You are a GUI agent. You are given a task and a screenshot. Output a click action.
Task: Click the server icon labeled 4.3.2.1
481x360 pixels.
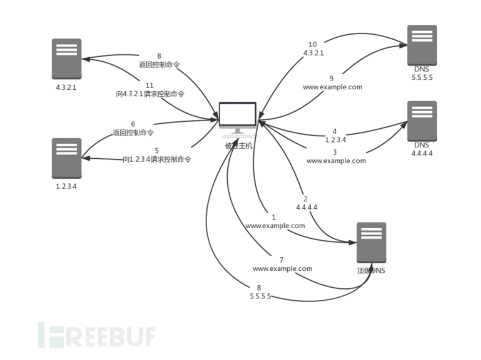66,59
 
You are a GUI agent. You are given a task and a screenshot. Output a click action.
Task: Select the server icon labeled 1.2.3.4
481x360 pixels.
66,158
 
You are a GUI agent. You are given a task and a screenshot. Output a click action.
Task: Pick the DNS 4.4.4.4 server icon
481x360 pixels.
422,121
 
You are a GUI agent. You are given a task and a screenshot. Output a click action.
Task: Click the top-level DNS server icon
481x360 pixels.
371,242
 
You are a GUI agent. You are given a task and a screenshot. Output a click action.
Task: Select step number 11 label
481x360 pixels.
150,86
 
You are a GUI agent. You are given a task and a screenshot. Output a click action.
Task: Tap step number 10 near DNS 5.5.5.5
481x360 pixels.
313,45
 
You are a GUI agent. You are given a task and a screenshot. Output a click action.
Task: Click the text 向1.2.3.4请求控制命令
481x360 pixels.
157,160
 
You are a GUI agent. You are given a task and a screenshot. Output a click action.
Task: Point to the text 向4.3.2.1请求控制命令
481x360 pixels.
150,94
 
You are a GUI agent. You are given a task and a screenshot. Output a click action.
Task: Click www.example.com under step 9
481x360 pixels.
332,87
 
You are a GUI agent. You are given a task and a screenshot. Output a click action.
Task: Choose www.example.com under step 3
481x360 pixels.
336,161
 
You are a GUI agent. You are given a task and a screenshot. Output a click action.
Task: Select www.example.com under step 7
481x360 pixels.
282,269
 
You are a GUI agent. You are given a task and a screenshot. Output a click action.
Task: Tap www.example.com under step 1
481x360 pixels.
275,226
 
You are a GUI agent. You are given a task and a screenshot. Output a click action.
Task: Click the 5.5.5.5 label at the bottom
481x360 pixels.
260,297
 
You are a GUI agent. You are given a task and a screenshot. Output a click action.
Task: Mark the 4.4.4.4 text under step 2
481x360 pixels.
306,207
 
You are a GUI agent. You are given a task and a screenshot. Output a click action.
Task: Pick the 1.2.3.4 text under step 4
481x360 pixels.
335,140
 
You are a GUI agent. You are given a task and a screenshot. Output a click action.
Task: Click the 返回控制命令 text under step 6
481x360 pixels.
133,133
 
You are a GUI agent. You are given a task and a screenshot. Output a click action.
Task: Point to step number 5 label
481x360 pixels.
157,150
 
